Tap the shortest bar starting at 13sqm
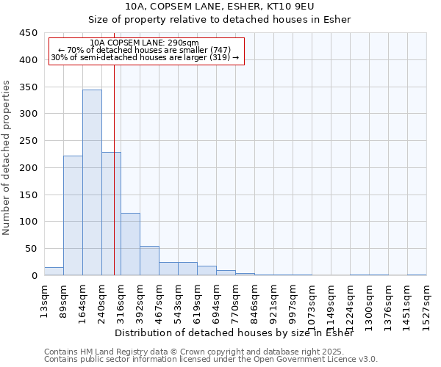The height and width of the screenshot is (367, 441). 54,271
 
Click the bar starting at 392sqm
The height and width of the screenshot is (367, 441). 149,261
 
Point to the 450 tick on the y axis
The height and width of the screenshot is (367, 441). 29,34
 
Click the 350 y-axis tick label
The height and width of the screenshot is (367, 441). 29,87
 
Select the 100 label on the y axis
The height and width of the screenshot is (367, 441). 29,222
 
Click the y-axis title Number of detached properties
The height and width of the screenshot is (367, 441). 7,158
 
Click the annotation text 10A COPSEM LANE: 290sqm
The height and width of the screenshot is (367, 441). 144,43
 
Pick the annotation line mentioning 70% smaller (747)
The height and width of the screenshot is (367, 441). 144,50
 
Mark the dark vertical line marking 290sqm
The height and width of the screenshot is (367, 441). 114,183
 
